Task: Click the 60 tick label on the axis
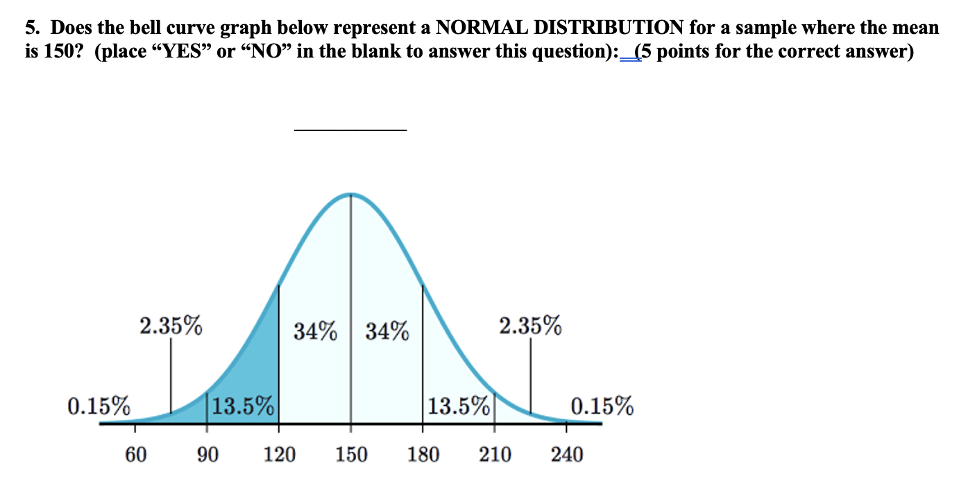[135, 455]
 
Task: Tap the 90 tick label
[207, 455]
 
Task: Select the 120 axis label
[279, 455]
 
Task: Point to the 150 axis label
[351, 455]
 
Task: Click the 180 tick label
[423, 455]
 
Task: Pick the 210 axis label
[495, 455]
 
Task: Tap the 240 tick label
[567, 455]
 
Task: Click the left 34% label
[316, 332]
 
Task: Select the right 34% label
[387, 332]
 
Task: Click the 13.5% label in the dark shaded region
[244, 406]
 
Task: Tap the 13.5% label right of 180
[459, 406]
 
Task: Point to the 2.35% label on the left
[171, 324]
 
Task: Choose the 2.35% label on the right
[531, 324]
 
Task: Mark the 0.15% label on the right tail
[602, 406]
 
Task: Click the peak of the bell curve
[351, 194]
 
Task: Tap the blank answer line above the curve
[350, 128]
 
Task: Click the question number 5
[31, 28]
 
